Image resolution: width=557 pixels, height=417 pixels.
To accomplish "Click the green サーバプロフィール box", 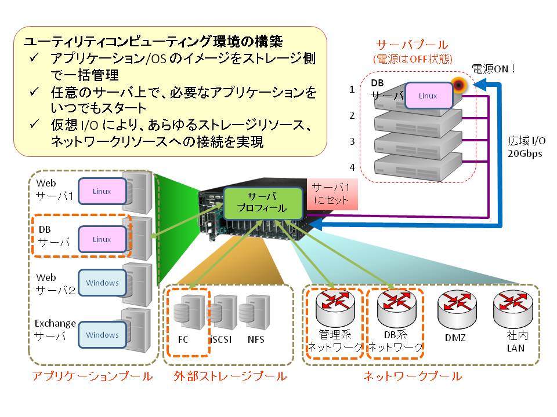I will pos(263,202).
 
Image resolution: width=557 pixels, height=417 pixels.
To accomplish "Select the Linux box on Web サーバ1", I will pos(102,191).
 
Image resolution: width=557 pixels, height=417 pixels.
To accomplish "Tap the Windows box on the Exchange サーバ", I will pos(102,335).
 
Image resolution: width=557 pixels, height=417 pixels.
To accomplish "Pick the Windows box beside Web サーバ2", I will pos(102,283).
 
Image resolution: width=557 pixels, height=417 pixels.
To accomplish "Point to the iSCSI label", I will pos(220,339).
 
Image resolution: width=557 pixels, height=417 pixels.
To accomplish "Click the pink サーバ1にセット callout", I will pos(331,194).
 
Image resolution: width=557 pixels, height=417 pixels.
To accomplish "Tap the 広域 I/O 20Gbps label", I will pos(526,147).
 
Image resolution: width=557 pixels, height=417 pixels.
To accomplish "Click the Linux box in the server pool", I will pos(429,96).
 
